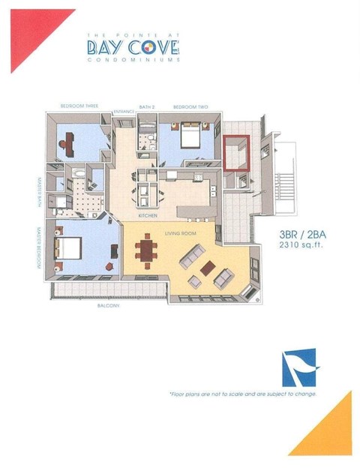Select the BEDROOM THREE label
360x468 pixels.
(80, 106)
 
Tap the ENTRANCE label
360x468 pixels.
(124, 112)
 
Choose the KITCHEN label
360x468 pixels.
(147, 215)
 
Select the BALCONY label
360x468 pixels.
(109, 306)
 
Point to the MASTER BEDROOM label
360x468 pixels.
(37, 248)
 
